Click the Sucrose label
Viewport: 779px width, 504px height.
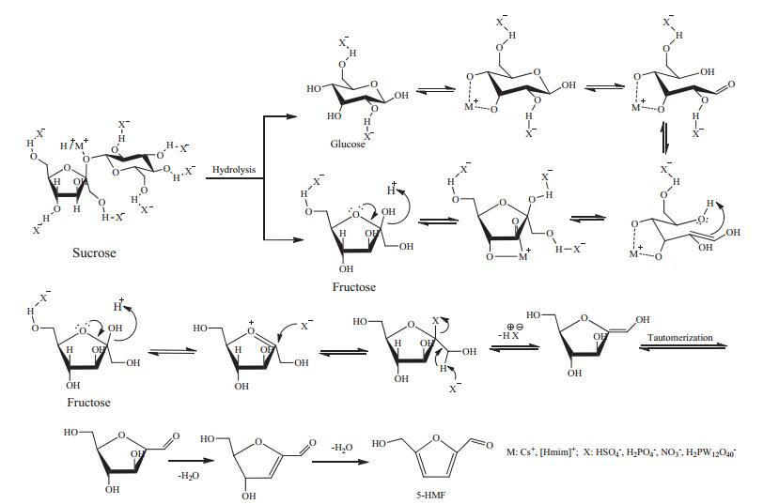(x=94, y=253)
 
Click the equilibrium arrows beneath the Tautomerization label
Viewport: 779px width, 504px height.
(x=682, y=346)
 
